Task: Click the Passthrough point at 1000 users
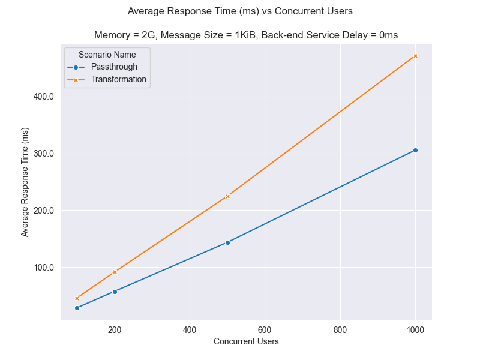pos(415,150)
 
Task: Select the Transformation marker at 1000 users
pos(415,56)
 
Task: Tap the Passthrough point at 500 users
pos(227,242)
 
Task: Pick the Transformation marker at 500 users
pos(227,196)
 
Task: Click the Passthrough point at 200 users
pos(115,292)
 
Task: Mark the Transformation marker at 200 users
pos(115,272)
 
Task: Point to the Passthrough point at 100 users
pos(77,308)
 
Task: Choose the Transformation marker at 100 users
pos(77,298)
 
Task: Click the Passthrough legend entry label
pos(118,67)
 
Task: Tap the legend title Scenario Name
pos(107,55)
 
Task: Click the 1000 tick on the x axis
pos(415,329)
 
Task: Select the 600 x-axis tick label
pos(265,329)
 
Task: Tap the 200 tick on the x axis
pos(115,329)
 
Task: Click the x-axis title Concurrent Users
pos(246,342)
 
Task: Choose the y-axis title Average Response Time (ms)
pos(25,181)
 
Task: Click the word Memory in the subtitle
pos(111,35)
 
